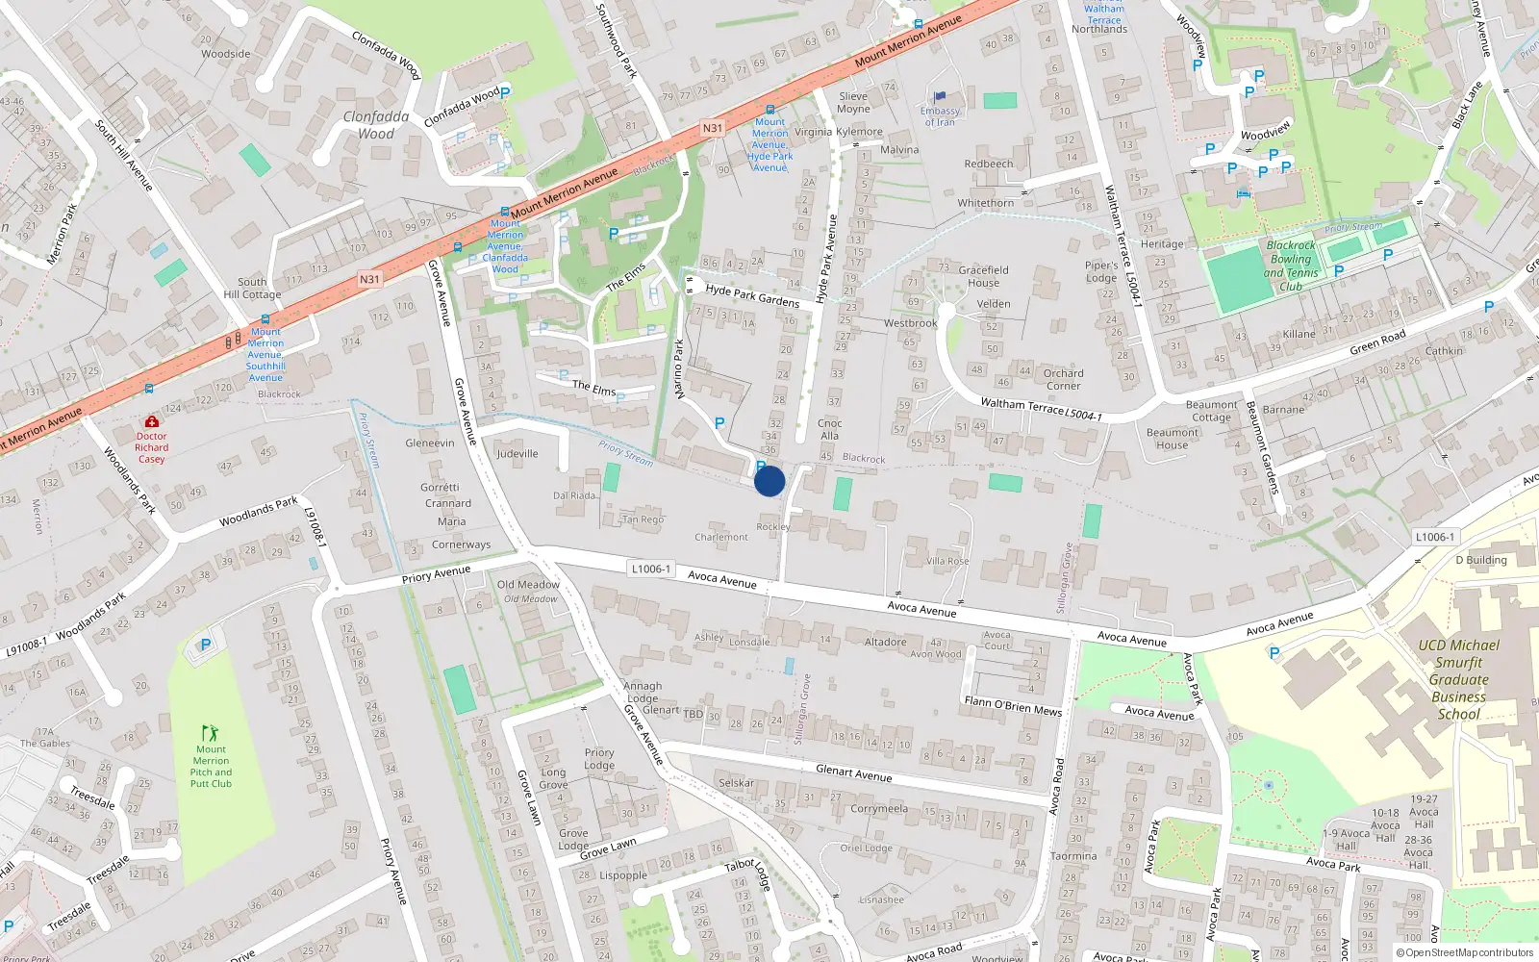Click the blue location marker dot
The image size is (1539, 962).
pos(769,481)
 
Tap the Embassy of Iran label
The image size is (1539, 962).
pos(940,116)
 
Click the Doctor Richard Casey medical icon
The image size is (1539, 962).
pos(151,421)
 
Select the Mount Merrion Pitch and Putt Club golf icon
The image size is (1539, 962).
pos(211,733)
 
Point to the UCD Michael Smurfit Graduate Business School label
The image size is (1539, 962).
pos(1458,679)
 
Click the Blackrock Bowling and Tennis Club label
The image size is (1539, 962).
pos(1290,266)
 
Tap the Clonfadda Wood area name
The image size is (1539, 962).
pos(376,125)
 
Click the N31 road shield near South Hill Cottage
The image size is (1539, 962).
pos(369,279)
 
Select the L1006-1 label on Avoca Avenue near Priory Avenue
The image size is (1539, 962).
pos(650,569)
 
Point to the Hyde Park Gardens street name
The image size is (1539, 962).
pos(752,294)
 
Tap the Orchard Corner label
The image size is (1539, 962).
pos(1063,379)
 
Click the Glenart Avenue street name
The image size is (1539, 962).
pos(853,772)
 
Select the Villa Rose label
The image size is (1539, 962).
pos(947,561)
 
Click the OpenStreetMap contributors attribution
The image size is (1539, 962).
pos(1465,952)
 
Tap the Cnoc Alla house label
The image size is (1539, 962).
pos(829,429)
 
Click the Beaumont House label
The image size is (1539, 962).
pos(1172,439)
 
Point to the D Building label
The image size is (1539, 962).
pos(1480,560)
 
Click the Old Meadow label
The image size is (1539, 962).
pos(528,584)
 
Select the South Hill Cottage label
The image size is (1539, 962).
pos(252,289)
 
